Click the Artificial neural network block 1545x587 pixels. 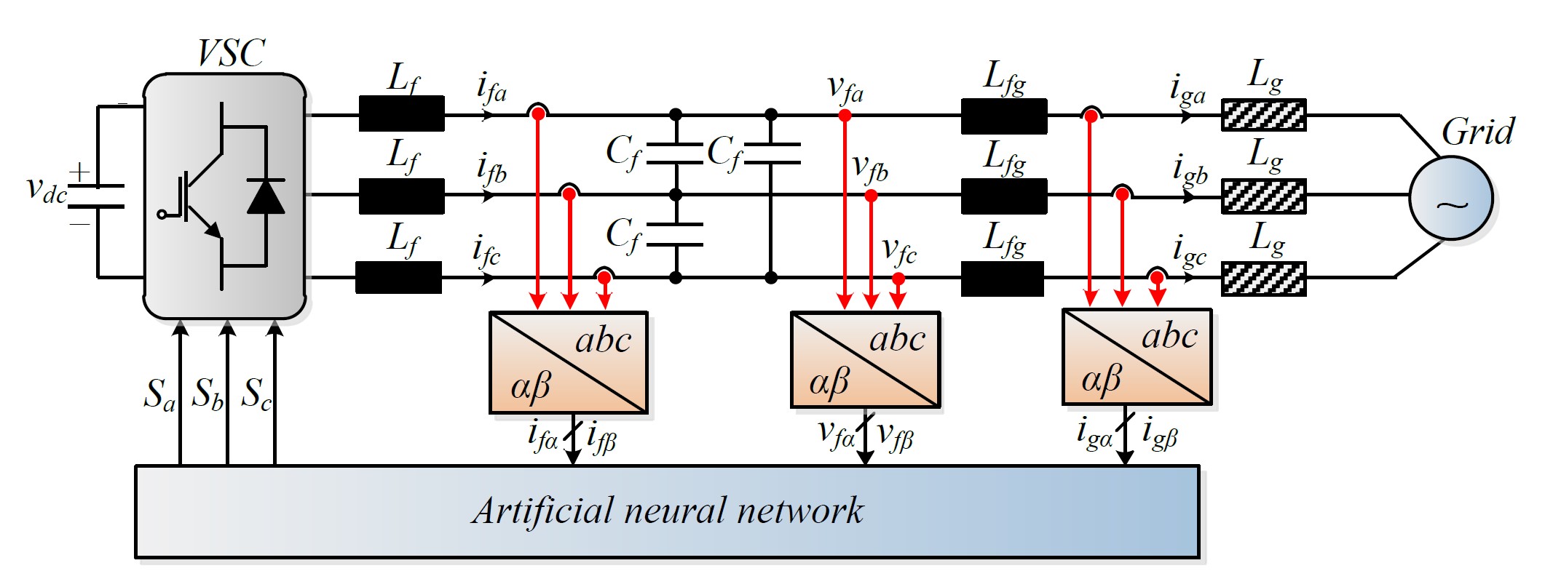tap(667, 511)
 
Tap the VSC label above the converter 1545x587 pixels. tap(232, 53)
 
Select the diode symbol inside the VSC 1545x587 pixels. tap(266, 196)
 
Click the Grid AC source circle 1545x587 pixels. tap(1451, 198)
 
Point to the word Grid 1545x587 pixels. tap(1478, 132)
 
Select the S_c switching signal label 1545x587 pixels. tap(256, 395)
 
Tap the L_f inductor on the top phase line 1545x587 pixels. tap(401, 113)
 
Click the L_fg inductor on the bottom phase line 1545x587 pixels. tap(1003, 279)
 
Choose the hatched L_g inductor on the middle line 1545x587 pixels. tap(1263, 196)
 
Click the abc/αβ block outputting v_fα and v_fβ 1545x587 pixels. tap(866, 359)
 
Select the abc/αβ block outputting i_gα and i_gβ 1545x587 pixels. tap(1137, 356)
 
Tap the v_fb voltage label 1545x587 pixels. tap(870, 169)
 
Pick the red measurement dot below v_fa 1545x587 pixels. tap(845, 115)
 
